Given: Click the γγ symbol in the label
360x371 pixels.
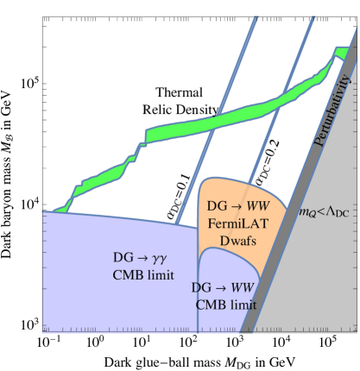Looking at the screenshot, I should [x=158, y=258].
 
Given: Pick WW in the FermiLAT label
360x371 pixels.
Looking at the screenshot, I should [x=246, y=207].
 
